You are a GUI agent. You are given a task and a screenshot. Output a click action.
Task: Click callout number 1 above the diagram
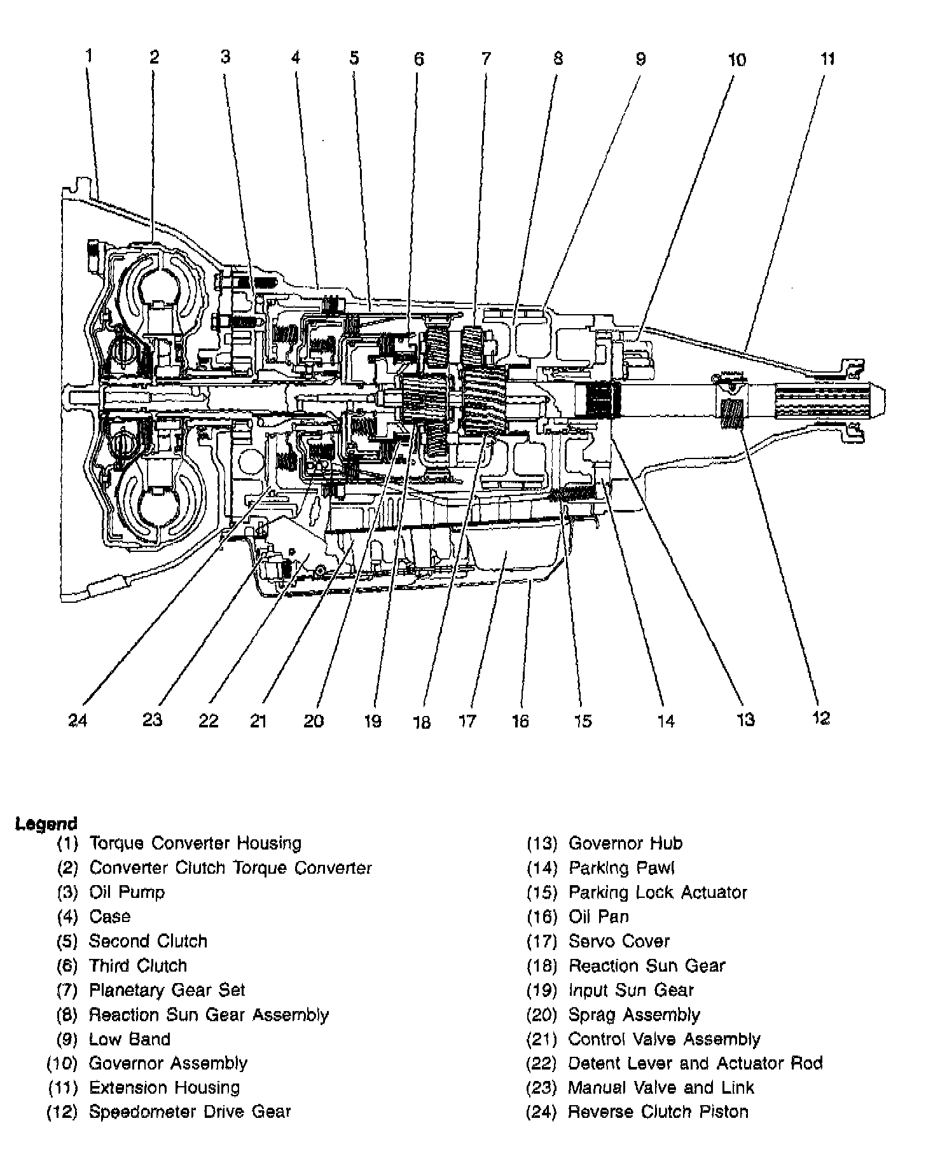pos(89,56)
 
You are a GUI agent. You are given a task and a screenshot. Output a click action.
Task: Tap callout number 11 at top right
pos(827,59)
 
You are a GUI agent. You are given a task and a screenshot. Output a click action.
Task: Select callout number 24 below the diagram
pos(78,720)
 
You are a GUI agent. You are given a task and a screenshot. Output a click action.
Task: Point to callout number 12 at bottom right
pos(821,718)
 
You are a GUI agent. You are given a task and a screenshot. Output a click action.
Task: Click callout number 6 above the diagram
pos(418,59)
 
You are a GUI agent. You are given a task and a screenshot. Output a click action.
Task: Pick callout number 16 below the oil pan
pos(520,720)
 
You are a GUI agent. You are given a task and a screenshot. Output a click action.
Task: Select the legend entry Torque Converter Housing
pos(195,844)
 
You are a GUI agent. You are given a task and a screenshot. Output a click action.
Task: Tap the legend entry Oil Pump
pos(127,892)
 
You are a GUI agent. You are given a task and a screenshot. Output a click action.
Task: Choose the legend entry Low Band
pos(130,1039)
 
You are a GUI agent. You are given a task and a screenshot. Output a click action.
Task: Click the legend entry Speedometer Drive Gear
pos(190,1112)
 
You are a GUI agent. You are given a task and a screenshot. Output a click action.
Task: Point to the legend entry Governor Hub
pos(625,844)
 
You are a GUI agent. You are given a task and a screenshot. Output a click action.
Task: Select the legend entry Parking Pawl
pos(621,868)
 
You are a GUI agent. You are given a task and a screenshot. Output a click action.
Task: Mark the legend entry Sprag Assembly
pos(634,1015)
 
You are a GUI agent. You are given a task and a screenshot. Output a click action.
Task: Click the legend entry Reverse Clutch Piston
pos(658,1112)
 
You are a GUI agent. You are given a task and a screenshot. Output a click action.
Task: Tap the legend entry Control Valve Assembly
pos(664,1039)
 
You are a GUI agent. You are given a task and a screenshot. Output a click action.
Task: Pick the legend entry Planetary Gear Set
pos(167,990)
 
